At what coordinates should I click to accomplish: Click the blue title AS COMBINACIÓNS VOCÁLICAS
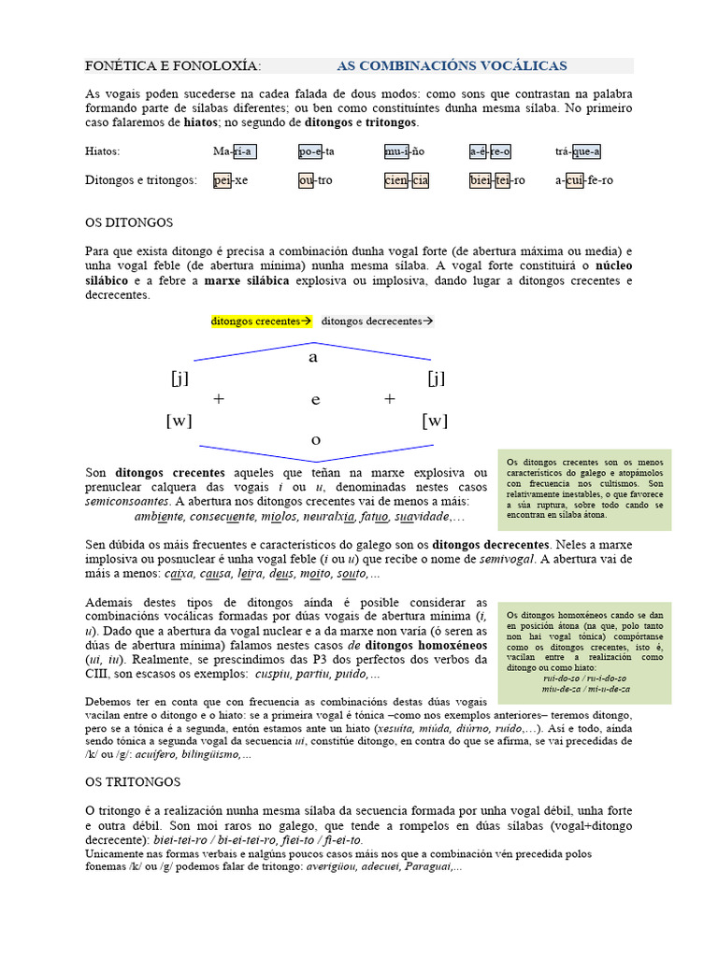[x=451, y=65]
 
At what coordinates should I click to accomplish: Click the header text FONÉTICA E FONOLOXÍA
[x=173, y=65]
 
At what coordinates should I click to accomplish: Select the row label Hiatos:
[x=103, y=151]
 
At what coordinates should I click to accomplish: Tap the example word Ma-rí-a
[x=234, y=151]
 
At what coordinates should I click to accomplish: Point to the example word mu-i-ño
[x=404, y=151]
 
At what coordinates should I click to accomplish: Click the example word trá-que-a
[x=577, y=151]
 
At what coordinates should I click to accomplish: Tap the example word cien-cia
[x=406, y=180]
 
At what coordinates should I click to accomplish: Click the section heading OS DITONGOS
[x=129, y=223]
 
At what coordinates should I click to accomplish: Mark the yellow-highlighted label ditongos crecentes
[x=261, y=321]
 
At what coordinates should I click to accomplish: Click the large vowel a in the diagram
[x=313, y=357]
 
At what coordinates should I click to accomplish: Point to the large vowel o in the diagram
[x=315, y=439]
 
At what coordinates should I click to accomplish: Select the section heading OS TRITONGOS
[x=133, y=780]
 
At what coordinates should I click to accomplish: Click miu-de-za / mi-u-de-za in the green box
[x=585, y=689]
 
